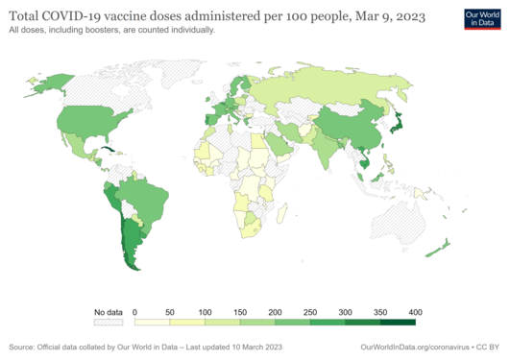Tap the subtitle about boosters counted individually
(111, 31)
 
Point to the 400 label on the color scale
(415, 313)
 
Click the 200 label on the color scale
(275, 313)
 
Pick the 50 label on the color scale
(169, 313)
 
